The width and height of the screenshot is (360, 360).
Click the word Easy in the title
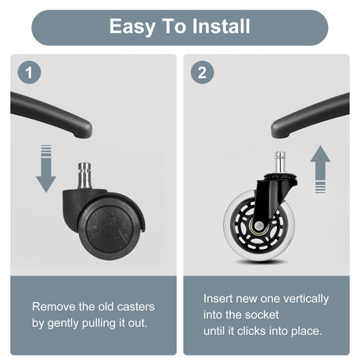[x=132, y=27]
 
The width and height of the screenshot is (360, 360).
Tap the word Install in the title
[x=221, y=26]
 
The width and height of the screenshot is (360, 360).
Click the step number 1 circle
[x=29, y=72]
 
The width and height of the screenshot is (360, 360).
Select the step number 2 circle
[x=202, y=72]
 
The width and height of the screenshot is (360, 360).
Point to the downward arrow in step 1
[x=46, y=168]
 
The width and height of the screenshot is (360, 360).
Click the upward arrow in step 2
[x=320, y=169]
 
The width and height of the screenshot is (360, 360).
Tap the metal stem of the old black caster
[x=85, y=175]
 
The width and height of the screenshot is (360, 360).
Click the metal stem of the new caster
[x=280, y=162]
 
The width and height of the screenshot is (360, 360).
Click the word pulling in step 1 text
[x=99, y=324]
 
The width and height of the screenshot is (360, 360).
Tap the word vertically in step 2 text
[x=306, y=299]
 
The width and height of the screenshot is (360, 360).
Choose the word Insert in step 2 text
[x=218, y=298]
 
